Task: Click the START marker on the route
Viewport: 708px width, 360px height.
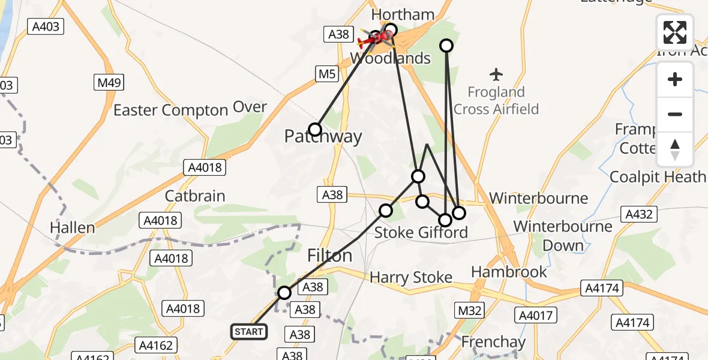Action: point(249,332)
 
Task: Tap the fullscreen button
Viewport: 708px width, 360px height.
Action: point(675,32)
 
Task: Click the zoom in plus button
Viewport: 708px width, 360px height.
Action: point(675,79)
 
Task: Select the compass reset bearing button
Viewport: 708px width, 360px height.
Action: point(675,149)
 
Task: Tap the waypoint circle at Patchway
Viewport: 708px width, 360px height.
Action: point(315,130)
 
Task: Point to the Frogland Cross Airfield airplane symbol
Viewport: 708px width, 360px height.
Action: point(496,75)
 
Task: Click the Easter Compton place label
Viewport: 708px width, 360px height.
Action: point(170,110)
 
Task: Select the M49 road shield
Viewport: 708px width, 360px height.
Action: point(109,82)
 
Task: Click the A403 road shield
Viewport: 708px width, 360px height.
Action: point(46,26)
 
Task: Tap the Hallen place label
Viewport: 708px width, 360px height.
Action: point(73,228)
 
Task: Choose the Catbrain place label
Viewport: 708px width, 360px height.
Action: point(195,196)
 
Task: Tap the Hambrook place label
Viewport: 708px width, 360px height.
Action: point(509,272)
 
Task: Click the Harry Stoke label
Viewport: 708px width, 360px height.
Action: point(411,278)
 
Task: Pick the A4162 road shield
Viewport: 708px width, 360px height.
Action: point(157,345)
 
